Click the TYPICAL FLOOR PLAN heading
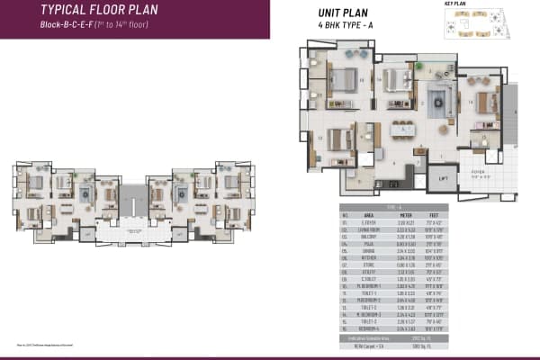[94, 10]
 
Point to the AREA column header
[367, 216]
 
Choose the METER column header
[409, 216]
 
